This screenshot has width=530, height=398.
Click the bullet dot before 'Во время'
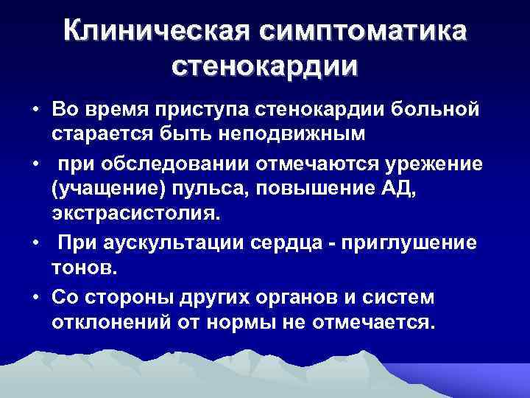coord(35,110)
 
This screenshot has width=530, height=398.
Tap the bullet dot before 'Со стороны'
coord(35,296)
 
